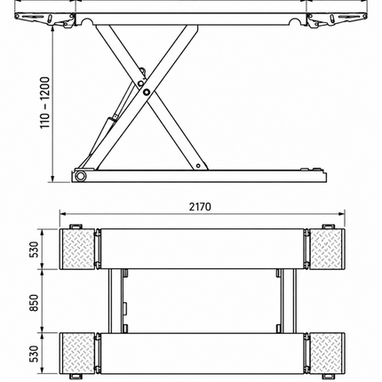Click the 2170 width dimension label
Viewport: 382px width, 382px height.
point(200,206)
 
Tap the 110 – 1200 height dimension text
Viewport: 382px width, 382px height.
point(45,102)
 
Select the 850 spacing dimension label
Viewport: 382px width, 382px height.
point(35,303)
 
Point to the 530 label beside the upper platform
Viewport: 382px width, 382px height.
point(35,250)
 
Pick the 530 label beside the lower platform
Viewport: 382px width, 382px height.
point(35,354)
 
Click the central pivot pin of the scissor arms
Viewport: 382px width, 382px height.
point(146,92)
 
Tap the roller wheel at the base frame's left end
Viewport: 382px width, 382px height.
point(80,176)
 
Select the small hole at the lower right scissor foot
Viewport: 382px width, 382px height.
point(198,165)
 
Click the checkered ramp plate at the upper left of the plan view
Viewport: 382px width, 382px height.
point(77,249)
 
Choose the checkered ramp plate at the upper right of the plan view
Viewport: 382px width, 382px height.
point(327,249)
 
